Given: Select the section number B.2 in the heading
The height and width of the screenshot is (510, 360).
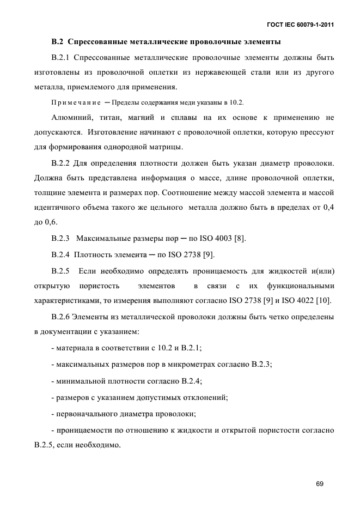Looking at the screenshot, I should tap(57, 41).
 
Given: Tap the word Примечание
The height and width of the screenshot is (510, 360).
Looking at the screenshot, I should tap(74, 102).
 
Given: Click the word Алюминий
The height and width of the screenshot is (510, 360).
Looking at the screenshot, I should tap(71, 117).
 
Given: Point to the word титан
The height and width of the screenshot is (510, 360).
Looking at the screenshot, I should tap(120, 117).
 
